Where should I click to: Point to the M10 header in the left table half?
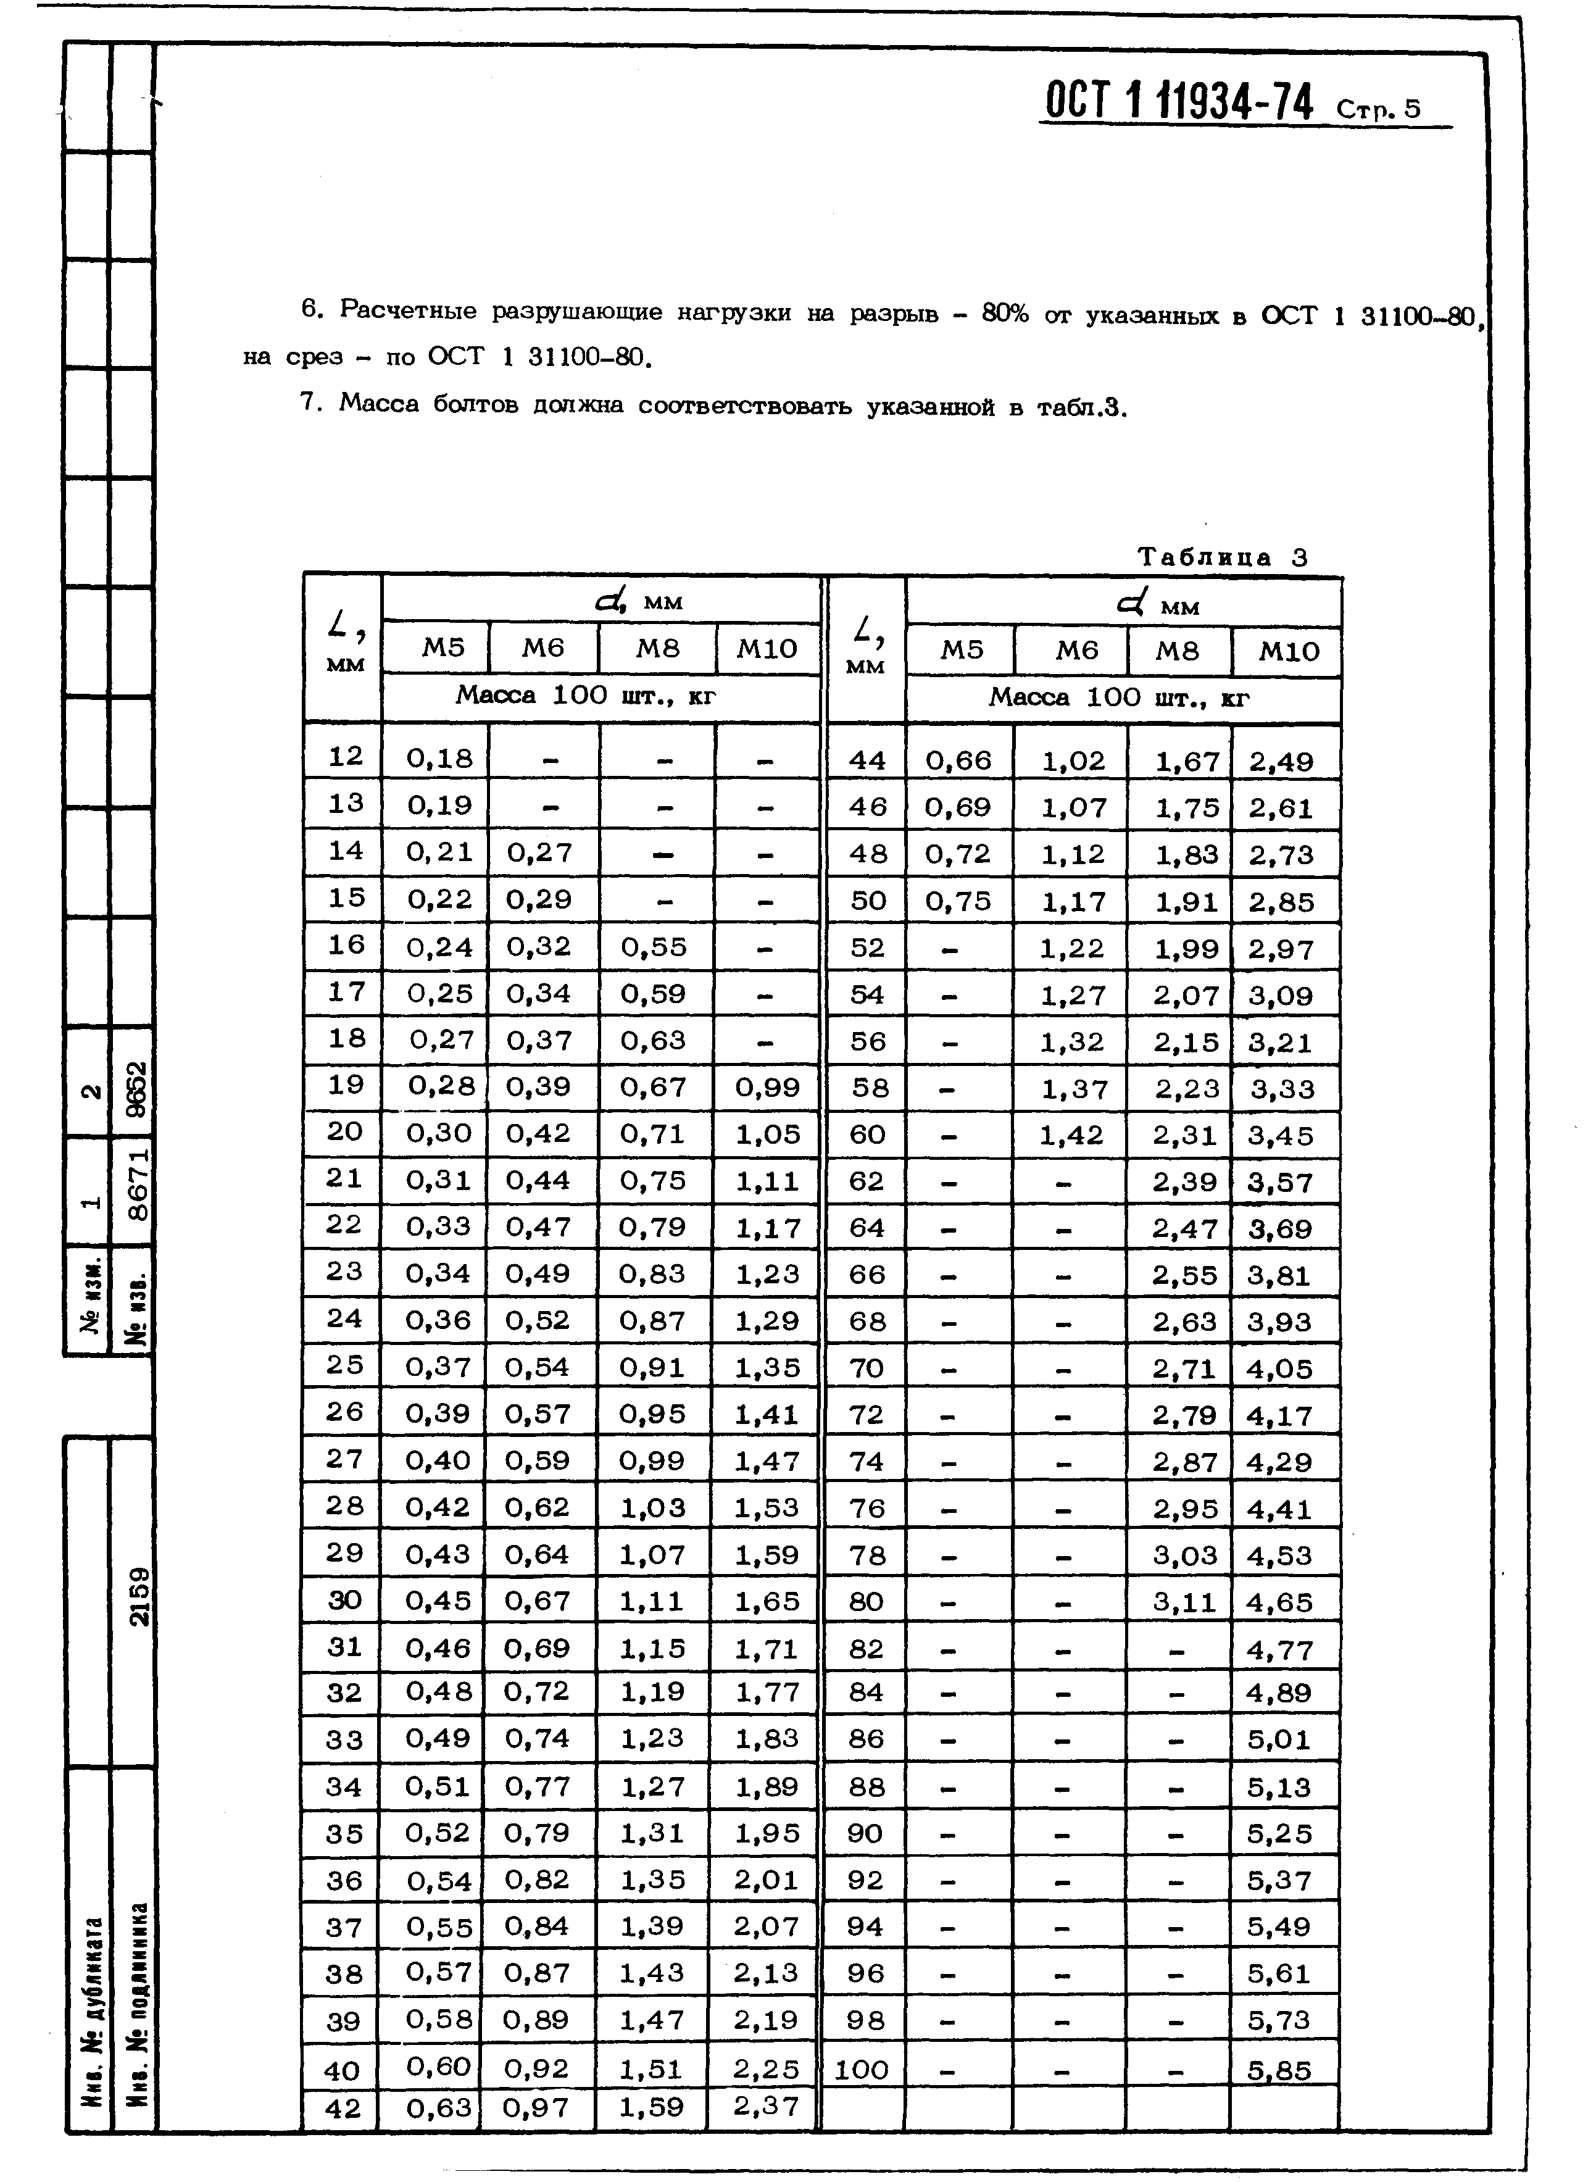(x=767, y=648)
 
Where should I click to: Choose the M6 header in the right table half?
(x=1076, y=651)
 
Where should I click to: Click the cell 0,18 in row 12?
(x=439, y=757)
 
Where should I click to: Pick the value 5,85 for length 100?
(x=1278, y=2070)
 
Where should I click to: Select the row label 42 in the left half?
(x=344, y=2107)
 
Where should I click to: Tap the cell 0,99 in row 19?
(x=767, y=1087)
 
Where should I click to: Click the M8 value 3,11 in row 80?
(x=1184, y=1602)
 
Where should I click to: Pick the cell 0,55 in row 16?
(x=653, y=947)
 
